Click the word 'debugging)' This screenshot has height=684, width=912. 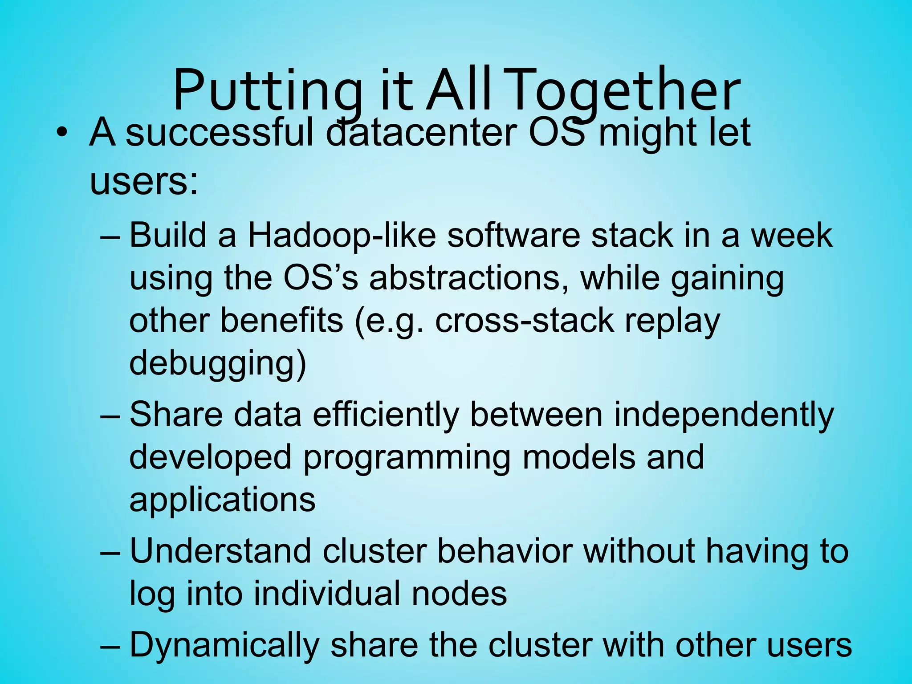tap(218, 363)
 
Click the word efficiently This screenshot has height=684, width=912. tap(386, 415)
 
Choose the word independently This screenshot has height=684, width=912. tap(724, 415)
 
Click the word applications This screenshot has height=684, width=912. tap(222, 500)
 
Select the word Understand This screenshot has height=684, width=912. tap(220, 551)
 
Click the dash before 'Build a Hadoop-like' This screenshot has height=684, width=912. tap(110, 236)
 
